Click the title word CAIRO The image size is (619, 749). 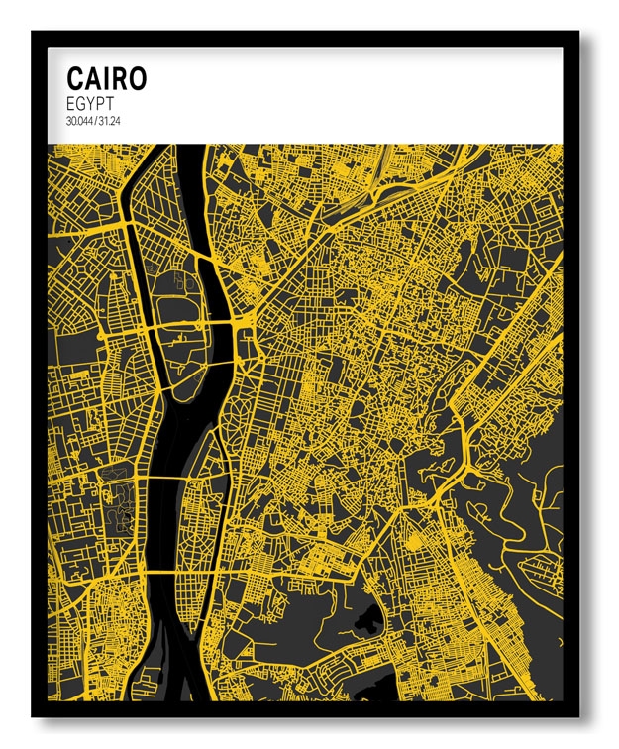point(106,78)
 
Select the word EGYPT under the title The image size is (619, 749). point(90,103)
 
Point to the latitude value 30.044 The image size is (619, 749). point(79,121)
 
